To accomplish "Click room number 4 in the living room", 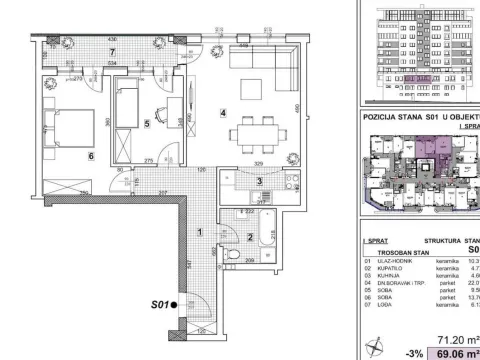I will [224, 112].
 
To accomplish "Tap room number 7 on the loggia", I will [113, 52].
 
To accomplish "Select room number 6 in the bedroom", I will [62, 156].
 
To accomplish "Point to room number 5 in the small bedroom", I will [146, 124].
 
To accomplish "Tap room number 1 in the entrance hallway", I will [200, 233].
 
